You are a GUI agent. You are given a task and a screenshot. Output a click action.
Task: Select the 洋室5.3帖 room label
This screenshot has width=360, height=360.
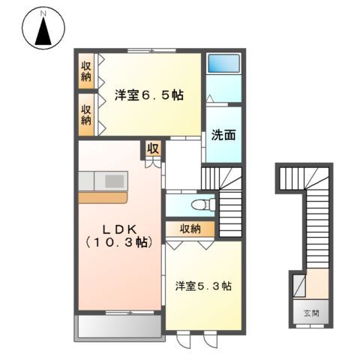tap(203, 286)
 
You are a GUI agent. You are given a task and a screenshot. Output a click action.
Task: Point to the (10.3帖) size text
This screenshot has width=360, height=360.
tap(118, 243)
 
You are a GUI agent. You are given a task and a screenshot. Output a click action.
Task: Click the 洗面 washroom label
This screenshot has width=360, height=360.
tap(223, 136)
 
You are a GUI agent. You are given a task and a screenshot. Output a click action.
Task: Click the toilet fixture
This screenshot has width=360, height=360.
tap(200, 204)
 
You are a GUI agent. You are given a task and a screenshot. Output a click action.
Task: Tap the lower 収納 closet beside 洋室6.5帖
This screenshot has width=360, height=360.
tap(86, 113)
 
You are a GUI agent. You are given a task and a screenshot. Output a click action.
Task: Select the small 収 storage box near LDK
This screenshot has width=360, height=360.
tap(153, 148)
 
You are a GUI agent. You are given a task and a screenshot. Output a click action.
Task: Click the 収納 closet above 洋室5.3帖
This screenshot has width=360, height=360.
tap(188, 229)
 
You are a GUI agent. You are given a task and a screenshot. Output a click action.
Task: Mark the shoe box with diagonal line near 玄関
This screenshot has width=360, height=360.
tap(298, 286)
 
